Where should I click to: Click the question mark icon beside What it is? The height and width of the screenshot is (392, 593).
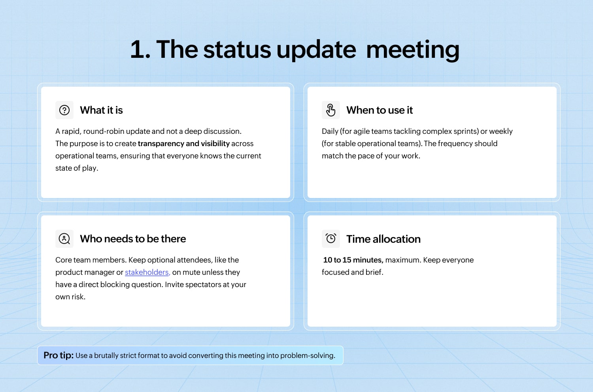pyautogui.click(x=64, y=110)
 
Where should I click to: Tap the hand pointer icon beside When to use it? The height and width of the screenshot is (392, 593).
pyautogui.click(x=330, y=110)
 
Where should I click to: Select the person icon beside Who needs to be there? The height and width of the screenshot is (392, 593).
pyautogui.click(x=64, y=239)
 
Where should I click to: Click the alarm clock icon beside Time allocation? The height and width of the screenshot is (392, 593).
pyautogui.click(x=330, y=238)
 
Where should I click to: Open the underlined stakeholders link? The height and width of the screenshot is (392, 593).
pyautogui.click(x=147, y=272)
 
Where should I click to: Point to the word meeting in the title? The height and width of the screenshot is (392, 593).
pyautogui.click(x=412, y=50)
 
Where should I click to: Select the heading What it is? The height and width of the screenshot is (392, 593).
pyautogui.click(x=101, y=110)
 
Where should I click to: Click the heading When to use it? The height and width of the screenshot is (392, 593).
pyautogui.click(x=380, y=110)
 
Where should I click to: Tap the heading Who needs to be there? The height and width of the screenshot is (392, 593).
pyautogui.click(x=133, y=239)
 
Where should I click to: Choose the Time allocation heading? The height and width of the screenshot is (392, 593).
pyautogui.click(x=383, y=239)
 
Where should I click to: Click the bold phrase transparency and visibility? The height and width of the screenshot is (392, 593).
pyautogui.click(x=184, y=143)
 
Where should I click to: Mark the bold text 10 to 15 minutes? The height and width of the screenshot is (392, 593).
pyautogui.click(x=353, y=260)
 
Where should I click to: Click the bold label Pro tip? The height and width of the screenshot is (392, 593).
pyautogui.click(x=59, y=356)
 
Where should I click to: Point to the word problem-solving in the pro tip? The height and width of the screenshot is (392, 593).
pyautogui.click(x=308, y=356)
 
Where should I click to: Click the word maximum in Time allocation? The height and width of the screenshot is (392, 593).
pyautogui.click(x=403, y=260)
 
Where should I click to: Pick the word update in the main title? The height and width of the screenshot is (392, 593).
pyautogui.click(x=316, y=50)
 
